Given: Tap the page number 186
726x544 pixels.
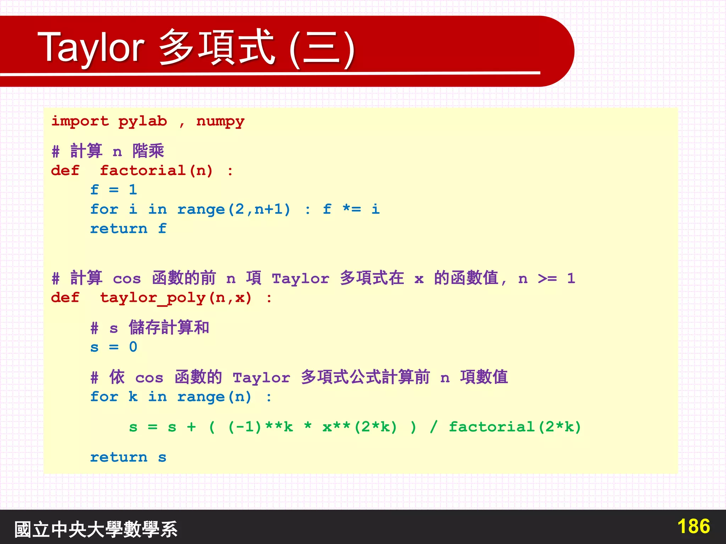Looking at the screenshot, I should tap(693, 526).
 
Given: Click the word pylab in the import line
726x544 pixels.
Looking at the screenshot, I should tap(143, 121).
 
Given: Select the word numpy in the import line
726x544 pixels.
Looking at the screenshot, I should tap(220, 121).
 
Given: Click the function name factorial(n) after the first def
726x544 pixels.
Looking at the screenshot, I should tap(156, 171).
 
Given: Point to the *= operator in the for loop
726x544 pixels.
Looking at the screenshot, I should tap(352, 209).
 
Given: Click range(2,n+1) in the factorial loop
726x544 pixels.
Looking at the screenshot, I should tap(234, 209).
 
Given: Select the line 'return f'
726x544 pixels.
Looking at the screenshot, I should tap(128, 229).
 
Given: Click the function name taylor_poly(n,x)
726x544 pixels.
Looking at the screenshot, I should tap(176, 298).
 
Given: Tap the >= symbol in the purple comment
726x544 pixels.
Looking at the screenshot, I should tap(547, 278).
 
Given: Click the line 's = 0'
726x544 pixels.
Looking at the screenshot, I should tap(113, 347).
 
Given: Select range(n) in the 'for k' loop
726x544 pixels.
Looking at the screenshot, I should tap(214, 397).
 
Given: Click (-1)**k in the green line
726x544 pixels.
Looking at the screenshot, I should tap(261, 427).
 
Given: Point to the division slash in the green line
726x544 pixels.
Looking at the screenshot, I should tap(433, 427).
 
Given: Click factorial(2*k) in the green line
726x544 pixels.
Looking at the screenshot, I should tap(515, 427).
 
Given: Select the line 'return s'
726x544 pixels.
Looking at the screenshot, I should tap(128, 457).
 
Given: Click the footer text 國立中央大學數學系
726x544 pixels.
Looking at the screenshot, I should tap(96, 529).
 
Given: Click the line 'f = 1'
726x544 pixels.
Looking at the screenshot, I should tap(113, 190).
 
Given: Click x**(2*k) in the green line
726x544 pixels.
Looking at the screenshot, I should tap(359, 427).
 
